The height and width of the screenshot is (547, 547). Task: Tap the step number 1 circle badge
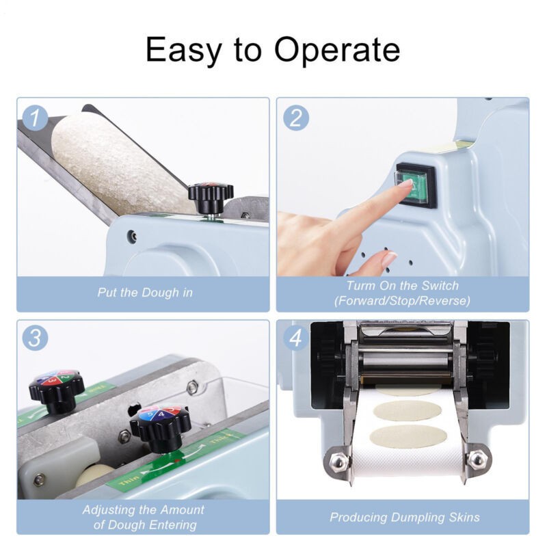(x=36, y=118)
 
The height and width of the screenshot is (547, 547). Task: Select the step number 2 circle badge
(x=296, y=118)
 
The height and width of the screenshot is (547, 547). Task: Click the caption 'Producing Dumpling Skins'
(x=404, y=517)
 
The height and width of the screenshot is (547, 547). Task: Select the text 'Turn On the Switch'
(x=402, y=286)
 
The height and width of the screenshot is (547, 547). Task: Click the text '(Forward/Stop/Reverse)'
(x=402, y=301)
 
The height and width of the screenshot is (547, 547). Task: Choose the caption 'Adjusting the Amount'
(x=143, y=510)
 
